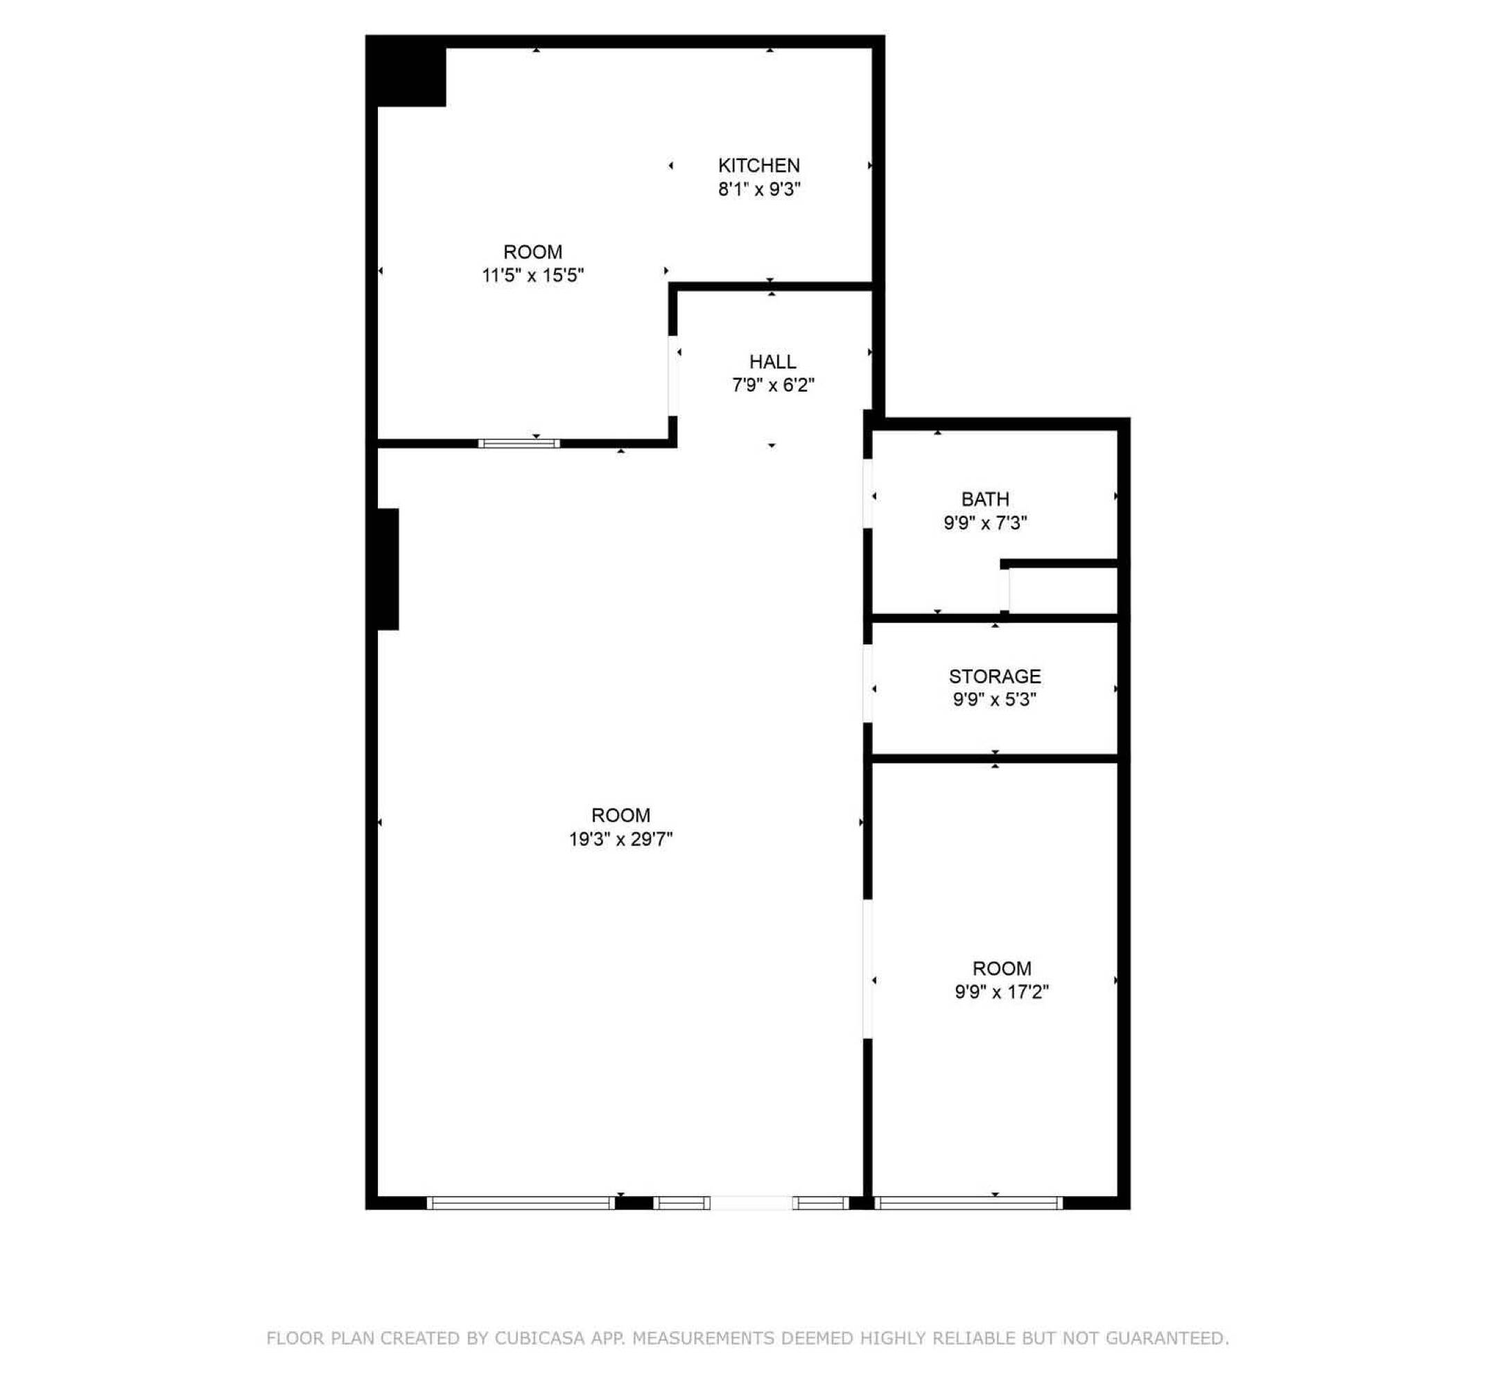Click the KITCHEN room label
[758, 165]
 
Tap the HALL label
[772, 362]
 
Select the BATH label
[984, 499]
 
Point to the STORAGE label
[994, 676]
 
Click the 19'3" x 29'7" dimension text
[620, 839]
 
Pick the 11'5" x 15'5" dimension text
[532, 275]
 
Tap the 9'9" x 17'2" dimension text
[1001, 992]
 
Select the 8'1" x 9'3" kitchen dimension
[758, 189]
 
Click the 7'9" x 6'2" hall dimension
[772, 385]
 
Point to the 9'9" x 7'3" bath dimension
[984, 523]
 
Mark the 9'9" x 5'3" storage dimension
[994, 699]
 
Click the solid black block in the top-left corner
[406, 71]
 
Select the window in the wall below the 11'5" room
[519, 444]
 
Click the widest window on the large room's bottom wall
[521, 1203]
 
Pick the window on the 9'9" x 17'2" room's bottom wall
[968, 1203]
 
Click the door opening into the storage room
[867, 684]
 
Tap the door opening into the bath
[867, 494]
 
